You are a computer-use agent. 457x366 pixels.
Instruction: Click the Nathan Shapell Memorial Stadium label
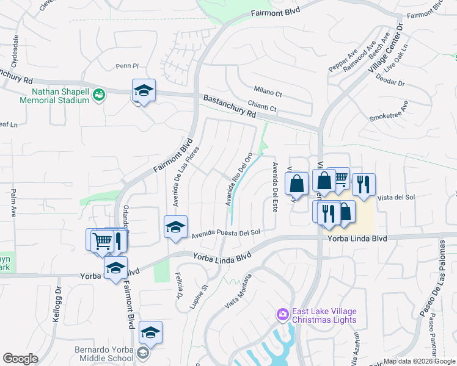tap(54, 95)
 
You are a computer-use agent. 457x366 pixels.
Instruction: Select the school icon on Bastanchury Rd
tap(144, 91)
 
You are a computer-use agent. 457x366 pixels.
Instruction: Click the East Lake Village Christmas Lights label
tap(324, 316)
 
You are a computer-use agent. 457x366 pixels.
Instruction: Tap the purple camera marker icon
tap(282, 314)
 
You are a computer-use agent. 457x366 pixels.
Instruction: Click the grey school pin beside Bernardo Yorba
tap(142, 353)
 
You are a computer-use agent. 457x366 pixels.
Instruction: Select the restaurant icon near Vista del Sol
tap(364, 185)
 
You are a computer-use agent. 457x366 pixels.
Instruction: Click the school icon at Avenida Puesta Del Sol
tap(175, 228)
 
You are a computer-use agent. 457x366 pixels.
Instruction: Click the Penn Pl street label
tap(128, 66)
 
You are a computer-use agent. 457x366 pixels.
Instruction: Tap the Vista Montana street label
tap(238, 292)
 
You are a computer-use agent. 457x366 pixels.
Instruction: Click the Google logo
tap(20, 359)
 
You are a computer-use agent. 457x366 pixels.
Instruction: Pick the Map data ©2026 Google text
tap(419, 361)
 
